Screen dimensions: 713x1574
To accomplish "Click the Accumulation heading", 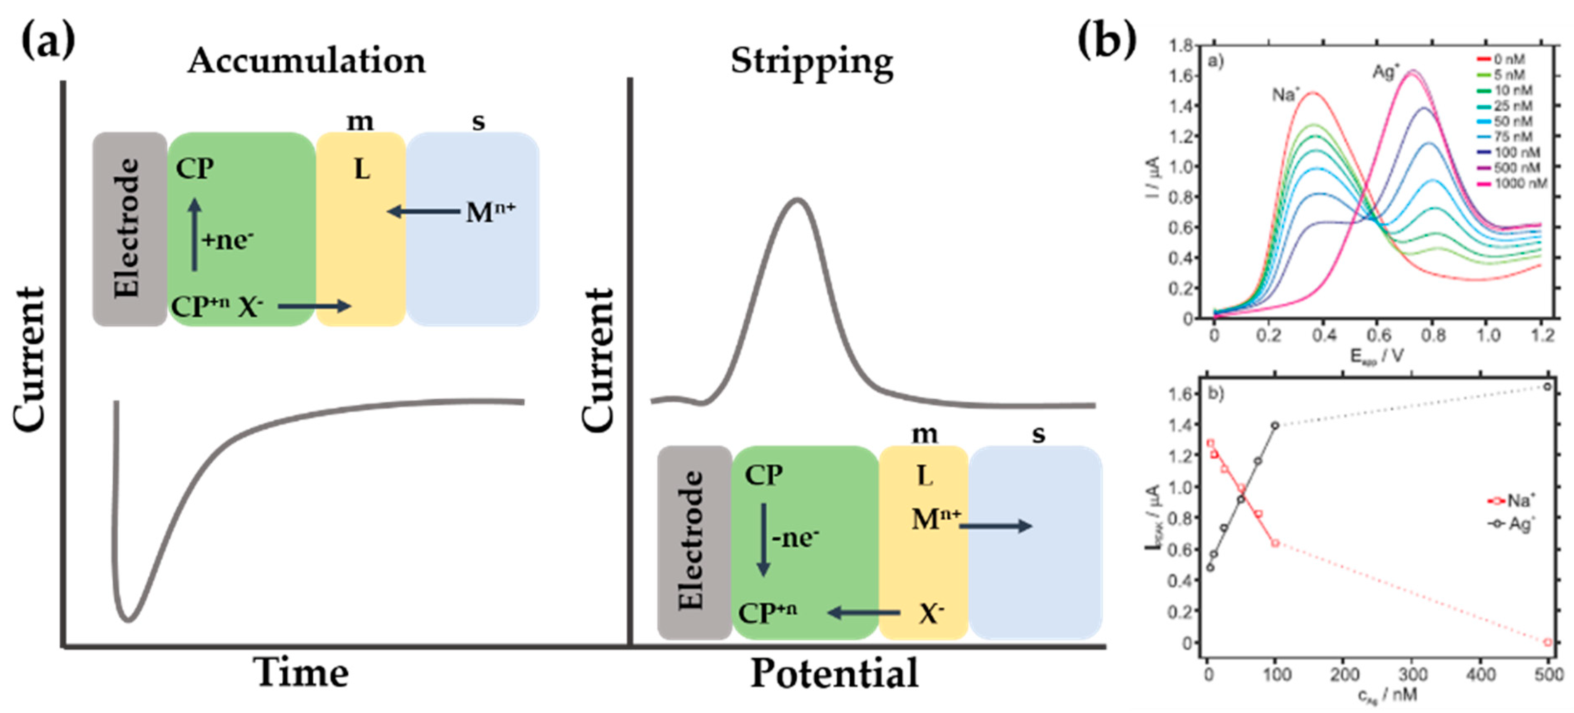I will pyautogui.click(x=306, y=61).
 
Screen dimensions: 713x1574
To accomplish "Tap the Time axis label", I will pyautogui.click(x=301, y=673).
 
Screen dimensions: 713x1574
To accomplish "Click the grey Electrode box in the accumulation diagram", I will pyautogui.click(x=129, y=229).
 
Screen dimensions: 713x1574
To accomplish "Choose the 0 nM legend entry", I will pyautogui.click(x=1503, y=59).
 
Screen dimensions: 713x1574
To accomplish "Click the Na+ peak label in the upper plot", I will pyautogui.click(x=1285, y=95).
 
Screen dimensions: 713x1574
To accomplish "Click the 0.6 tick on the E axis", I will pyautogui.click(x=1378, y=335).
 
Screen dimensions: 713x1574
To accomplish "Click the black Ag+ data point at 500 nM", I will pyautogui.click(x=1547, y=386).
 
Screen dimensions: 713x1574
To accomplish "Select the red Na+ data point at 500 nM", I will pyautogui.click(x=1547, y=642).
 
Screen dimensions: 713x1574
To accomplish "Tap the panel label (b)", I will pyautogui.click(x=1106, y=40).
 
